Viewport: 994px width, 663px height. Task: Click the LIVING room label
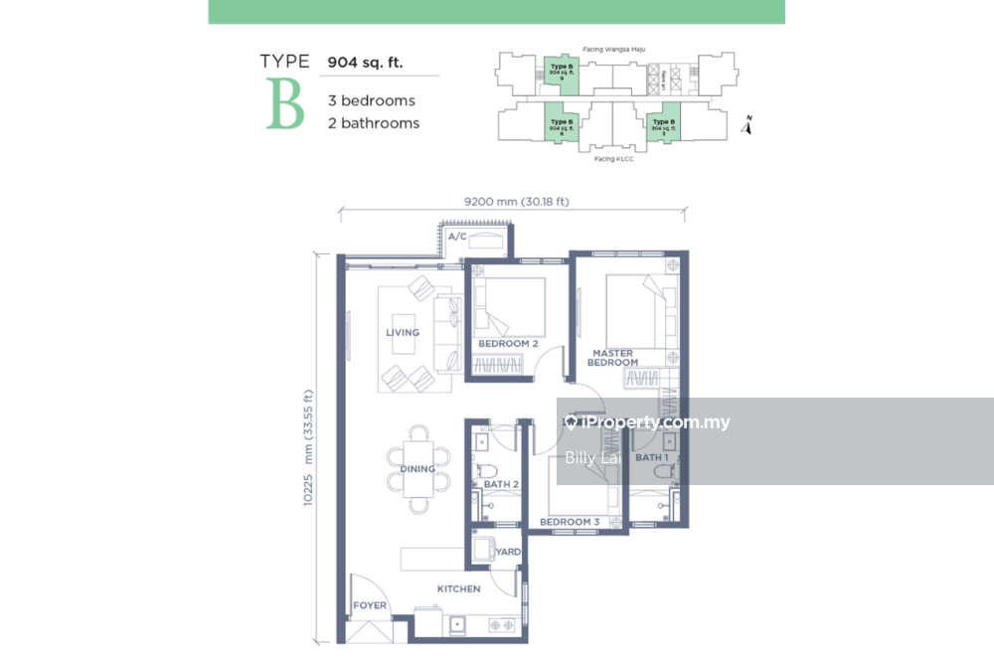[x=403, y=333]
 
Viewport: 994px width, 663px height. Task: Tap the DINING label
[x=417, y=469]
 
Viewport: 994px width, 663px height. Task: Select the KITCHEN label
[x=458, y=589]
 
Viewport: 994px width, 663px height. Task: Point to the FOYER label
[x=370, y=606]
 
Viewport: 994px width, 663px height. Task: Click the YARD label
[x=508, y=552]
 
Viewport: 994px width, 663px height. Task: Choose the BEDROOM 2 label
[x=508, y=344]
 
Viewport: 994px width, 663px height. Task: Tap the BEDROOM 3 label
[x=570, y=522]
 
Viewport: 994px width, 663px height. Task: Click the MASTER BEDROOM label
[x=613, y=358]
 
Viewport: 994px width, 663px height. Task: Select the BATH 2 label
[x=501, y=485]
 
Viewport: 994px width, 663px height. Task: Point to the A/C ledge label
[x=457, y=238]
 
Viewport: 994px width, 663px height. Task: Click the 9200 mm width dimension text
[x=517, y=202]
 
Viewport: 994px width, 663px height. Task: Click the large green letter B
[x=284, y=104]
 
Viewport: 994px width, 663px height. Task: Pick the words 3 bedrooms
[x=372, y=100]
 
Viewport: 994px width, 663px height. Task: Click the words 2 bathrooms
[x=374, y=123]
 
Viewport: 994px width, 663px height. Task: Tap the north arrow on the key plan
[x=748, y=124]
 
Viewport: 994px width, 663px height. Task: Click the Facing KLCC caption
[x=613, y=159]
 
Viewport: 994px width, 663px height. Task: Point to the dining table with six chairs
[x=418, y=460]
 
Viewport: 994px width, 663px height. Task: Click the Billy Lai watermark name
[x=594, y=458]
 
